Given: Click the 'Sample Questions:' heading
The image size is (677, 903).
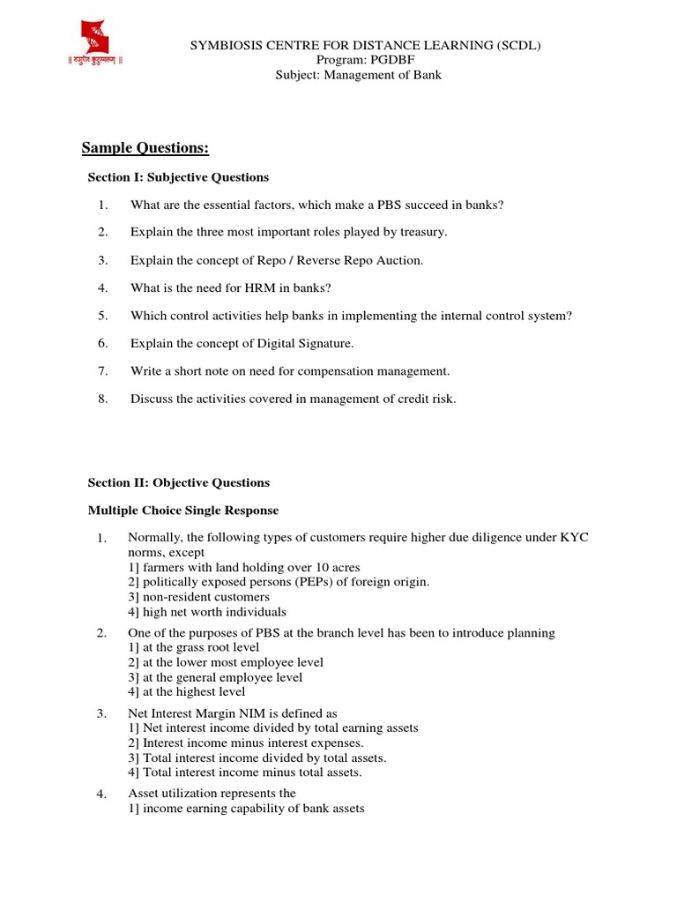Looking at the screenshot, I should pos(145,147).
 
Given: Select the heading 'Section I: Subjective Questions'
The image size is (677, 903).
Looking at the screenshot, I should pos(178,177).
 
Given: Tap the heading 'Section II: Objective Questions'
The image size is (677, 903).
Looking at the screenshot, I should pos(179,482).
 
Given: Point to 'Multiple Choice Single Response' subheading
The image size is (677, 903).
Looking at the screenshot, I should pos(183,510).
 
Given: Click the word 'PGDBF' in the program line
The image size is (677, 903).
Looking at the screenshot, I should pos(383,60).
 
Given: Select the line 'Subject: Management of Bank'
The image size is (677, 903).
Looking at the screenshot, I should pos(360,75).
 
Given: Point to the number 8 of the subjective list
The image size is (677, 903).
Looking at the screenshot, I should pos(102,399).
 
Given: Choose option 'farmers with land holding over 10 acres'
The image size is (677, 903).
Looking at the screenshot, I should pos(244,567).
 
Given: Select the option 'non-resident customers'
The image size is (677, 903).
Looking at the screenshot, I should pos(198,597).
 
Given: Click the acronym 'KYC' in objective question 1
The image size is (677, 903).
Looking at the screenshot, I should pos(575,537).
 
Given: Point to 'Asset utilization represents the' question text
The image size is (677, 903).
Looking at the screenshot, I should pos(212,794).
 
